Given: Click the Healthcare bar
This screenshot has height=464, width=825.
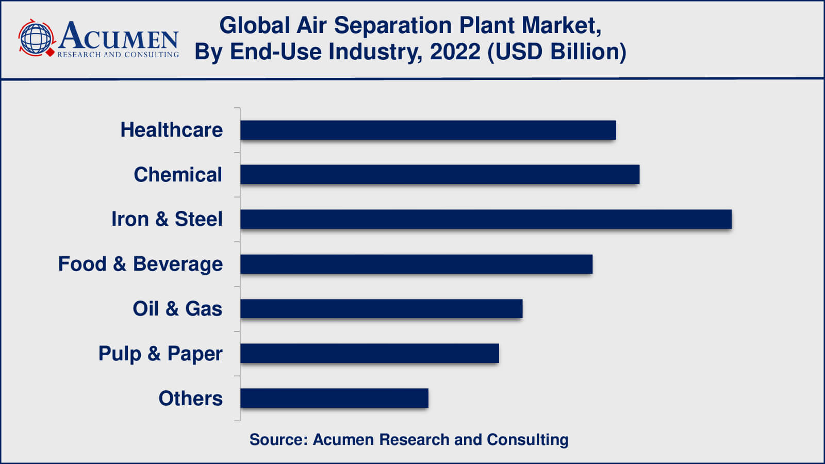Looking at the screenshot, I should click(x=428, y=130).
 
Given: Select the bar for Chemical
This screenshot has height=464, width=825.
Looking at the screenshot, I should click(x=439, y=174).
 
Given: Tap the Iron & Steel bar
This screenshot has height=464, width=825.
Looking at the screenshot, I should click(x=486, y=219).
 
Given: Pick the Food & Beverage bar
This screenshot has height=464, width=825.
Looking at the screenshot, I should click(x=416, y=264).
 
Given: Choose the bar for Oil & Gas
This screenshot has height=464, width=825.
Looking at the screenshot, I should click(x=381, y=308).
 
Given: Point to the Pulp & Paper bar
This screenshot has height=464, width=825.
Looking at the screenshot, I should click(x=369, y=353).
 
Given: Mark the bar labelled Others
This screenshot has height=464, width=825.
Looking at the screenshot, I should click(x=334, y=398).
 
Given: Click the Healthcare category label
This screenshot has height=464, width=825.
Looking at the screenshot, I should click(x=171, y=130).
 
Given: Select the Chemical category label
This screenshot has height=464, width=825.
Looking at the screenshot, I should click(x=178, y=175).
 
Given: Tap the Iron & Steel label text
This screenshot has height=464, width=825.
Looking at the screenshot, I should click(x=167, y=219).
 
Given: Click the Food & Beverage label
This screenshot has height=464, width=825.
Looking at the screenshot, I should click(x=140, y=264).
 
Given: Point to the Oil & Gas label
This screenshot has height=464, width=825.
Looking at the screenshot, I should click(x=177, y=309).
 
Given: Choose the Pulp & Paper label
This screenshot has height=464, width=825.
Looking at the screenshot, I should click(x=160, y=354).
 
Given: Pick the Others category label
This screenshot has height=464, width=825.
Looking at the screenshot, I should click(x=190, y=399).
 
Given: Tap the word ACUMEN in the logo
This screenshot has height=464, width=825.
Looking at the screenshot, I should click(x=119, y=36).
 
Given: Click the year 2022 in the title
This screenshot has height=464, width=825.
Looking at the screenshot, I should click(x=455, y=52).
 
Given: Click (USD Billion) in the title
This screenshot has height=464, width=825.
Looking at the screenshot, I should click(x=556, y=52).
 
